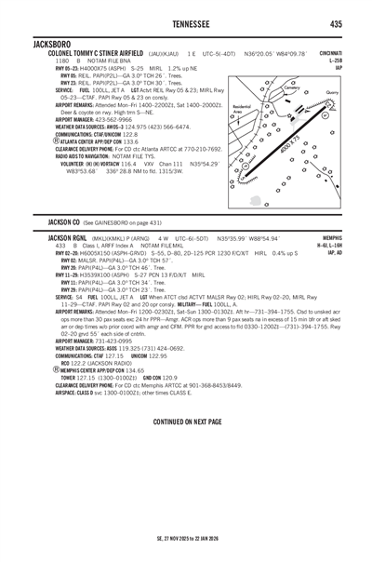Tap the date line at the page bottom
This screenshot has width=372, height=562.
(186, 537)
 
